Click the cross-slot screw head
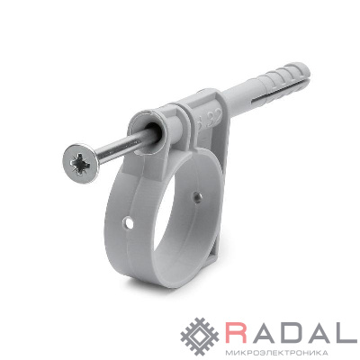pyautogui.click(x=81, y=163)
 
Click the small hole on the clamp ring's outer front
pyautogui.click(x=129, y=223)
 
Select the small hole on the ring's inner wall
pyautogui.click(x=198, y=197)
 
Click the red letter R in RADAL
pyautogui.click(x=238, y=333)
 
